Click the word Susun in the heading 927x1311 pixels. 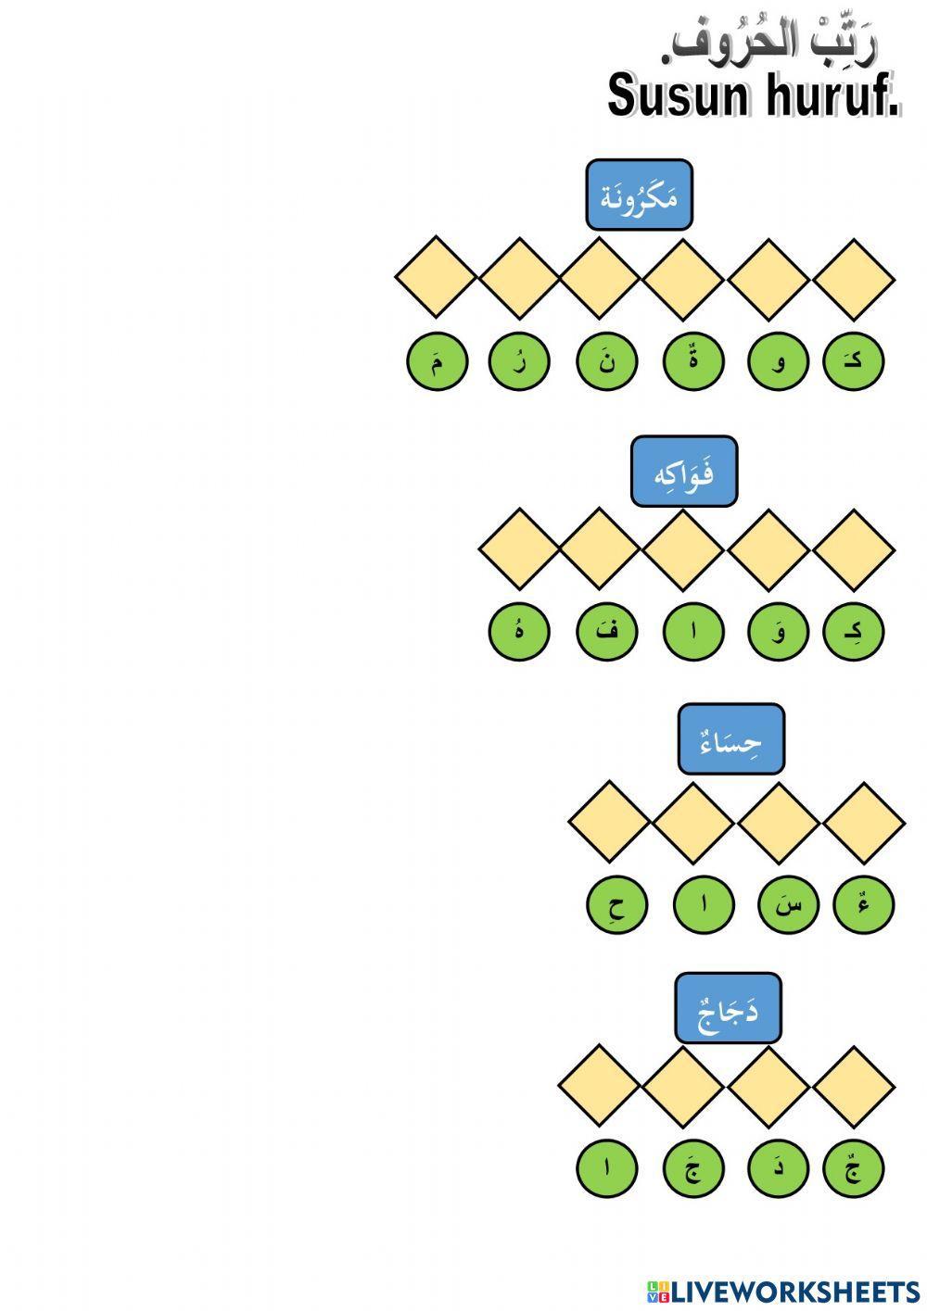point(679,95)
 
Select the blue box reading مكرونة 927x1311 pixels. point(639,195)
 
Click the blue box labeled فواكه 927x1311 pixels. point(684,472)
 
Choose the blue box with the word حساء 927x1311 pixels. point(730,739)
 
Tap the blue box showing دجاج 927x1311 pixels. point(728,1008)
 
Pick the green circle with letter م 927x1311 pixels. point(437,361)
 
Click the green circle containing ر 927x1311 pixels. point(519,361)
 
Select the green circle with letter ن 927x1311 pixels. point(606,361)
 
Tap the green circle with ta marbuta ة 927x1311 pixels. point(693,361)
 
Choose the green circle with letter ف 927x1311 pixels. point(606,632)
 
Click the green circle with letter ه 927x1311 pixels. point(519,632)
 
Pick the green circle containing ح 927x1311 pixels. point(616,904)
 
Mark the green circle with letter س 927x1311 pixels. point(788,904)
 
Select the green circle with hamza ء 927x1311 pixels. point(864,904)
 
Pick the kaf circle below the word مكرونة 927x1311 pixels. point(853,361)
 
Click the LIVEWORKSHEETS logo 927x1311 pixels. point(783,1292)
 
